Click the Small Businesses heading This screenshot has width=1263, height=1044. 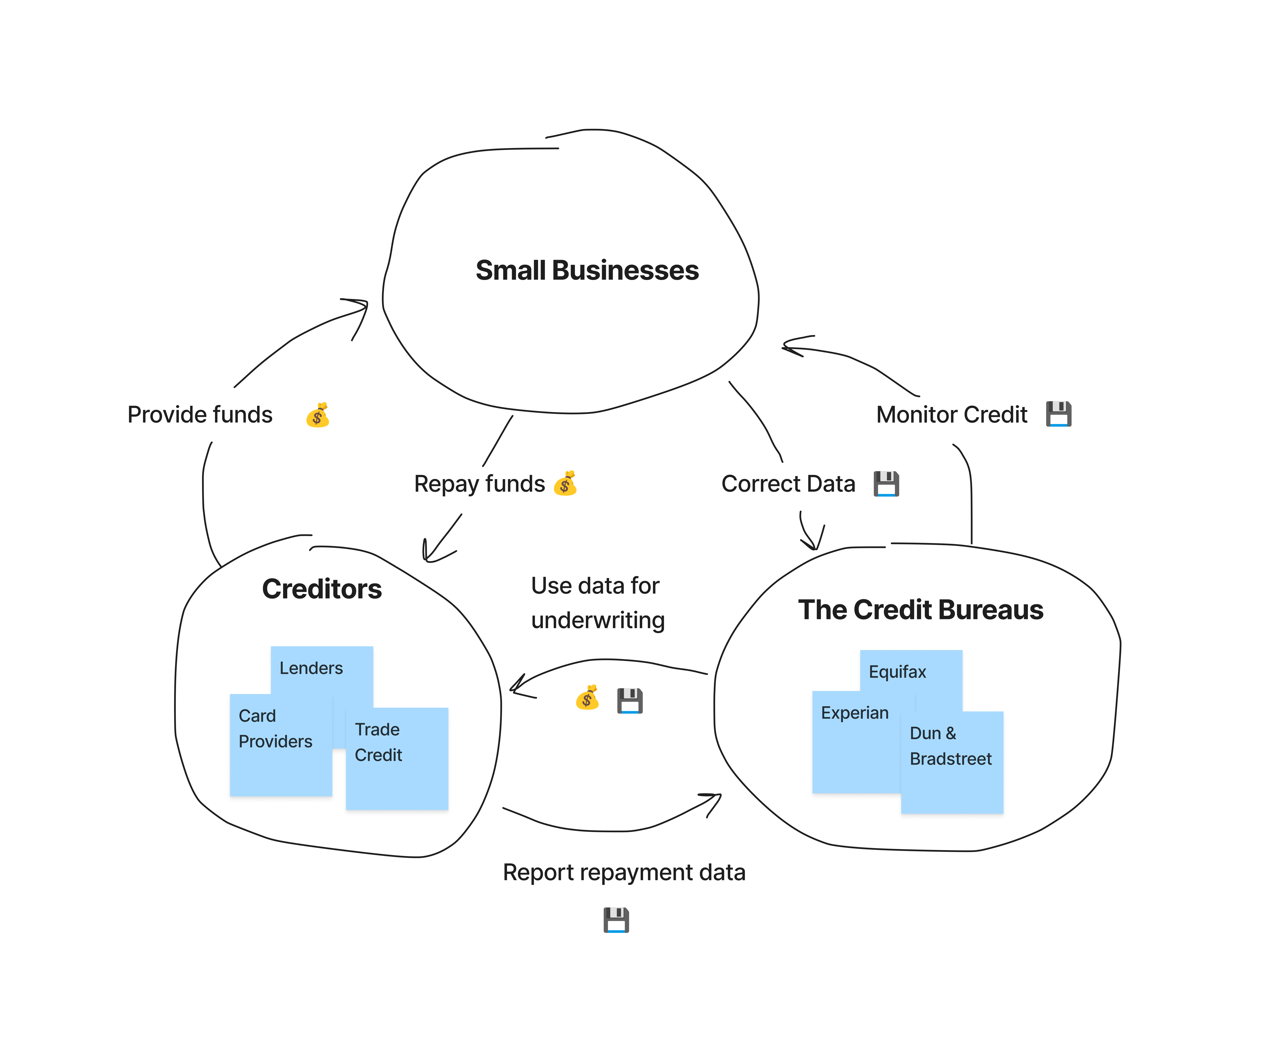click(x=587, y=270)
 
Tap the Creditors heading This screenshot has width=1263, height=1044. click(x=322, y=589)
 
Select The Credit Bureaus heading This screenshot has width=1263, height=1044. click(x=920, y=610)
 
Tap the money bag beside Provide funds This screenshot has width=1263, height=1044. click(x=317, y=415)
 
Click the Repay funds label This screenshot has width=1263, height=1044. click(x=479, y=484)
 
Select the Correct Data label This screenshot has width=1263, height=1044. click(x=788, y=484)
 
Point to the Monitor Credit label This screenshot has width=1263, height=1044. click(x=952, y=415)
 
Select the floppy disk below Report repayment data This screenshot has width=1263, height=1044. click(x=616, y=920)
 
